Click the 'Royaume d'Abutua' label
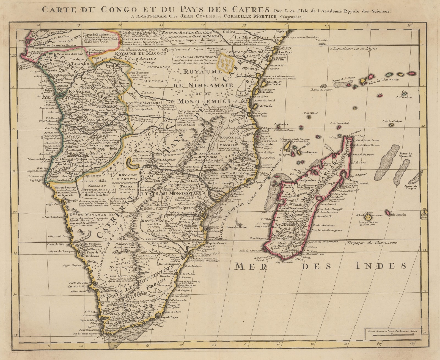tap(128, 176)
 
